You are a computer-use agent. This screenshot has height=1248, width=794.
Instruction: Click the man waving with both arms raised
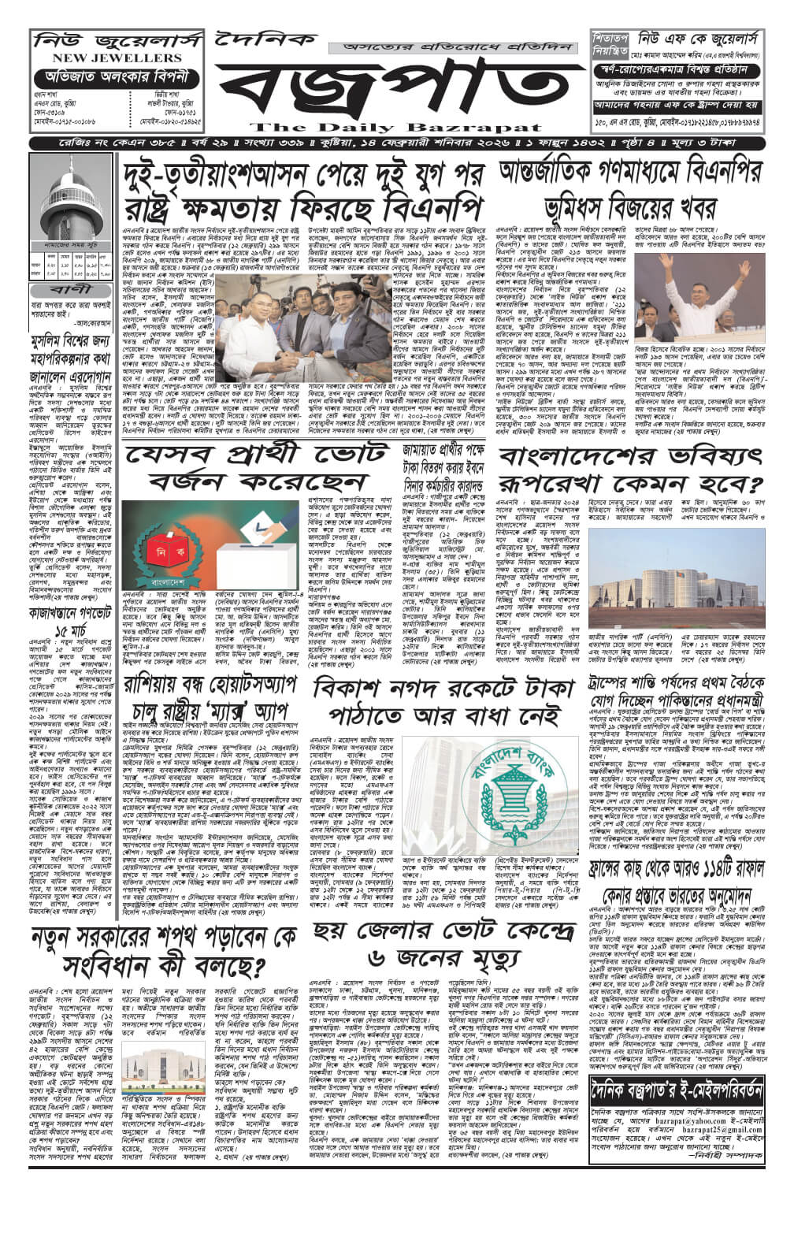(x=711, y=280)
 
